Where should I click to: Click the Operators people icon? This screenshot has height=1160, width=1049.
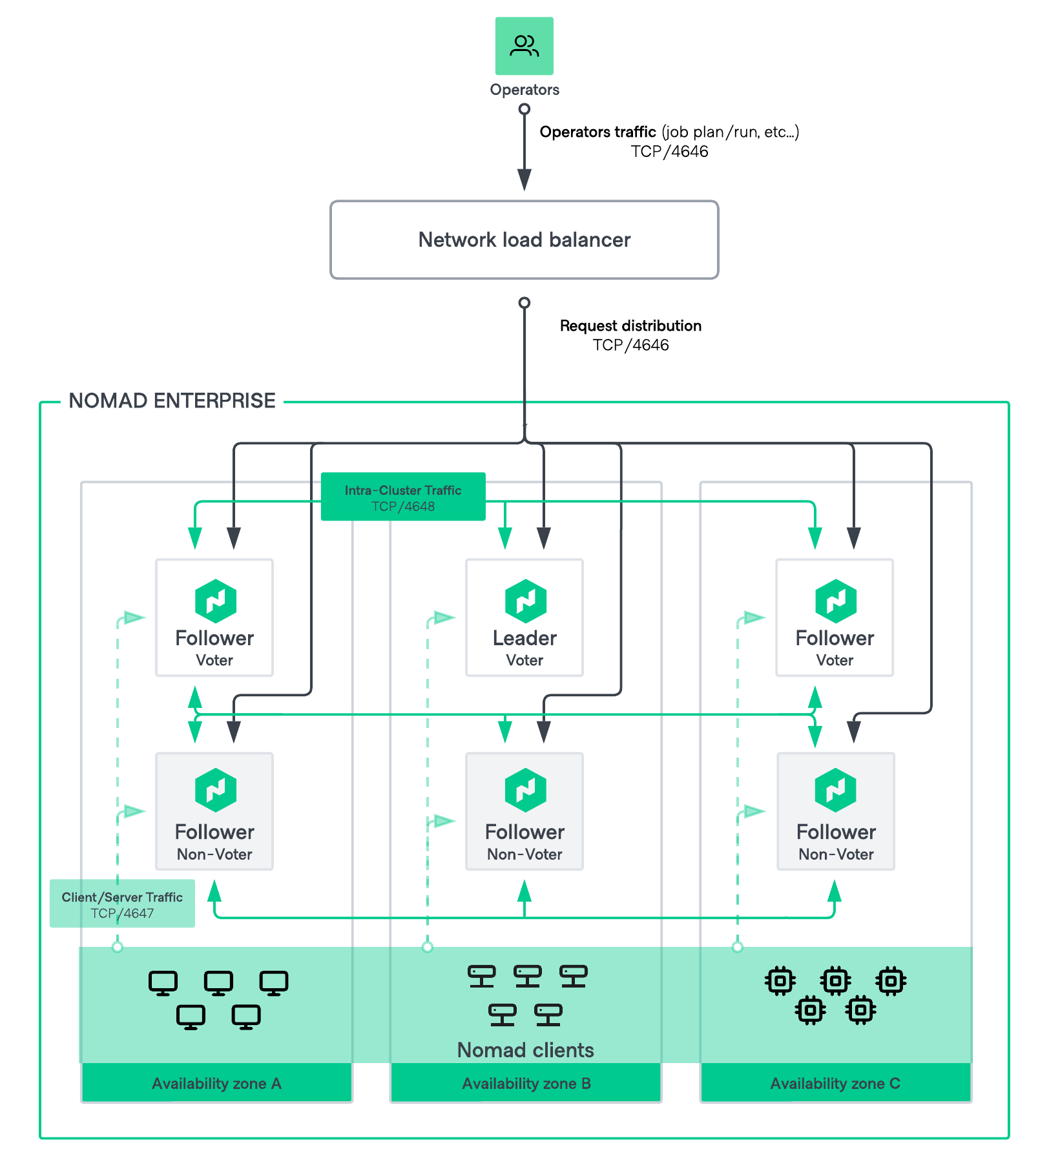coord(524,46)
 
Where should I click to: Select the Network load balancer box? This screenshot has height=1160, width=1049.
coord(524,240)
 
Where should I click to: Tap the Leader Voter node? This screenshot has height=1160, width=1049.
coord(524,617)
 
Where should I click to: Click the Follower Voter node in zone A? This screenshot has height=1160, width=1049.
coord(214,617)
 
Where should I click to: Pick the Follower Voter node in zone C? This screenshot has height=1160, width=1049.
coord(834,617)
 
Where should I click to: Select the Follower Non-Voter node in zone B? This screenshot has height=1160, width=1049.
coord(524,811)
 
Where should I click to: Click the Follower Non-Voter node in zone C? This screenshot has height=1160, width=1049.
coord(835,811)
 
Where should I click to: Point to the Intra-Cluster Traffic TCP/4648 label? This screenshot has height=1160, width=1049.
coord(403,497)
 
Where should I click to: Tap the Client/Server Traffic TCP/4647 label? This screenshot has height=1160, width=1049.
coord(122,904)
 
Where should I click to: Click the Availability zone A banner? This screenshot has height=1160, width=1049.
coord(216,1083)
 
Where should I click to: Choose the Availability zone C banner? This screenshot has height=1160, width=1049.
coord(835,1083)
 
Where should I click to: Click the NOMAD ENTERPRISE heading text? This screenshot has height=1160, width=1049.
coord(172,400)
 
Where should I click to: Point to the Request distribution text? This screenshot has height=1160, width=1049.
coord(630,326)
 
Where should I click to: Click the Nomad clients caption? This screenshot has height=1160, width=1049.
coord(525,1050)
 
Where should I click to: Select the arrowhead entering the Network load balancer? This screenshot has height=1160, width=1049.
coord(524,180)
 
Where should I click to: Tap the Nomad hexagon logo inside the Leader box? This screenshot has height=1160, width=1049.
coord(525,601)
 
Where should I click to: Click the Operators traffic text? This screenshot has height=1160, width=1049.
coord(598,132)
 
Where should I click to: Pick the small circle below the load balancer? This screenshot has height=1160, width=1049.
coord(524,303)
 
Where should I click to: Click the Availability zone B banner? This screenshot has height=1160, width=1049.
coord(526,1083)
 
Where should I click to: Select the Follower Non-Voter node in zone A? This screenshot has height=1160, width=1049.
coord(214,811)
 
